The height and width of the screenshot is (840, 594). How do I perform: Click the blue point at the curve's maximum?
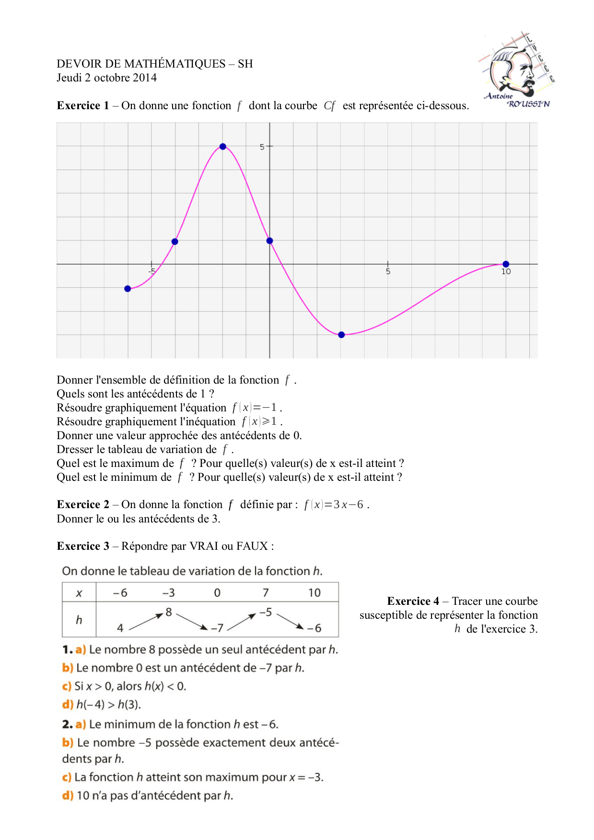pyautogui.click(x=222, y=147)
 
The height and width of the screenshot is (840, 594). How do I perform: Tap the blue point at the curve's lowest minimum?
pyautogui.click(x=341, y=335)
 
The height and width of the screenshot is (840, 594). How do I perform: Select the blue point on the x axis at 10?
pyautogui.click(x=506, y=264)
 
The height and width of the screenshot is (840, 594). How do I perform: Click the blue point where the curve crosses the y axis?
pyautogui.click(x=269, y=241)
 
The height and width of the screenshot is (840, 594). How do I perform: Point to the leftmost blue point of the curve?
pyautogui.click(x=128, y=289)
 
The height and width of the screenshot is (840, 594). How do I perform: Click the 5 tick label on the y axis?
pyautogui.click(x=262, y=147)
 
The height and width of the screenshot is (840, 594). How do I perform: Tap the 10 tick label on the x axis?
pyautogui.click(x=506, y=272)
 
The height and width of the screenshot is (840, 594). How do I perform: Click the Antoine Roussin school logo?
pyautogui.click(x=517, y=71)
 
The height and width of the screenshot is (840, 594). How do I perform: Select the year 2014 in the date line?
pyautogui.click(x=145, y=78)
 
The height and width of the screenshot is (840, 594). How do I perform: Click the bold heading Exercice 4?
pyautogui.click(x=413, y=602)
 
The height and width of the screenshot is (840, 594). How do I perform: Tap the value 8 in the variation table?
pyautogui.click(x=169, y=612)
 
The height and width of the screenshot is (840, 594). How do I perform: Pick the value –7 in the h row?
pyautogui.click(x=217, y=628)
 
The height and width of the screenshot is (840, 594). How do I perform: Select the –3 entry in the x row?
pyautogui.click(x=168, y=593)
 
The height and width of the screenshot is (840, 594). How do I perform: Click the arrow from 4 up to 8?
pyautogui.click(x=146, y=621)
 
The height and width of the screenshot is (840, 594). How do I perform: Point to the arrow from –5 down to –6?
pyautogui.click(x=291, y=621)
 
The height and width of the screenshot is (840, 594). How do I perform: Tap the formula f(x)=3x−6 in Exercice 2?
pyautogui.click(x=334, y=505)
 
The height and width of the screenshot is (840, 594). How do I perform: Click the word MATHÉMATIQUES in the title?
pyautogui.click(x=175, y=64)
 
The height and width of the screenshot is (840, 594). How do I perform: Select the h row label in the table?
pyautogui.click(x=79, y=620)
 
